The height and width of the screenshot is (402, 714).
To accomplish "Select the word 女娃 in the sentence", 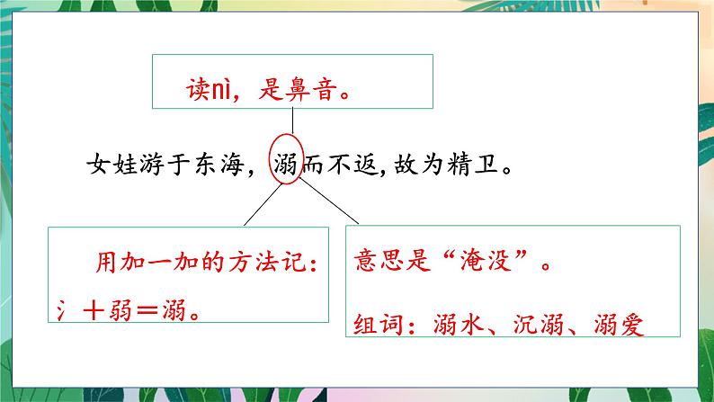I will coord(109,165).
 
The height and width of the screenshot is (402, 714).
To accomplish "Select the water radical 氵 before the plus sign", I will coord(64,308).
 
